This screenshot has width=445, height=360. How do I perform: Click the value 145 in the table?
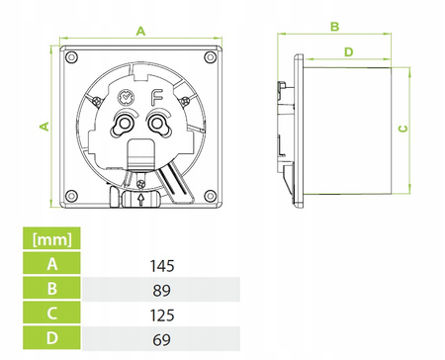(x=162, y=266)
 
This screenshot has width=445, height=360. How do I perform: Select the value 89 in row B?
(x=161, y=291)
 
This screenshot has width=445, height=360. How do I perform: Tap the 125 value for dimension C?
(x=162, y=315)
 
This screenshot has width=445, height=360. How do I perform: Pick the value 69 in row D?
(x=161, y=340)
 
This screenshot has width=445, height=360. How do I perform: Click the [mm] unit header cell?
(x=51, y=238)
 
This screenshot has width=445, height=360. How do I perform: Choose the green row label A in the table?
(x=51, y=263)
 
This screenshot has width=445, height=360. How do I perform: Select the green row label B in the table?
(x=51, y=288)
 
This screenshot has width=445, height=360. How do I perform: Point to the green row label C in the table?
(x=51, y=313)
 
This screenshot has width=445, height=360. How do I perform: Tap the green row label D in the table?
(x=51, y=338)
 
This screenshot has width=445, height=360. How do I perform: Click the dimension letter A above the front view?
(x=140, y=32)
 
